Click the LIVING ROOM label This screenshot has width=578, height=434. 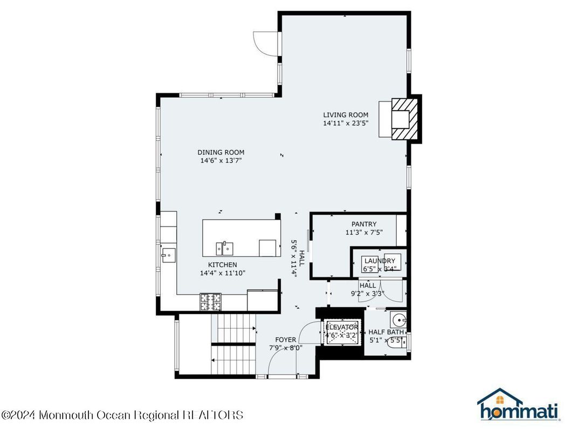click(346, 114)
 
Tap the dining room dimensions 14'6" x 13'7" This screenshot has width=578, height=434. click(221, 160)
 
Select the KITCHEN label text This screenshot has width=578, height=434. click(223, 265)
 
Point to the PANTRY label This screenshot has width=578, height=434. click(364, 224)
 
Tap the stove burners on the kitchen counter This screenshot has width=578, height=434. click(210, 302)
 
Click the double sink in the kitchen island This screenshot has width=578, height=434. click(225, 248)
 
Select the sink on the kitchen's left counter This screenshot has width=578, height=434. click(168, 254)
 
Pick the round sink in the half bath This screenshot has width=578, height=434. click(400, 317)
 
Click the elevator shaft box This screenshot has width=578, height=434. click(341, 331)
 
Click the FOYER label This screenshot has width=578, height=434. click(285, 340)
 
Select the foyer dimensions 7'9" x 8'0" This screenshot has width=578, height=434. click(285, 348)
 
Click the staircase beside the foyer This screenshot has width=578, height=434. click(234, 345)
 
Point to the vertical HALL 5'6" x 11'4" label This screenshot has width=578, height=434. click(298, 258)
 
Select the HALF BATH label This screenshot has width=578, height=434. click(386, 332)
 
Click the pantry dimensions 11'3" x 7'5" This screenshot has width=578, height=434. click(364, 233)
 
